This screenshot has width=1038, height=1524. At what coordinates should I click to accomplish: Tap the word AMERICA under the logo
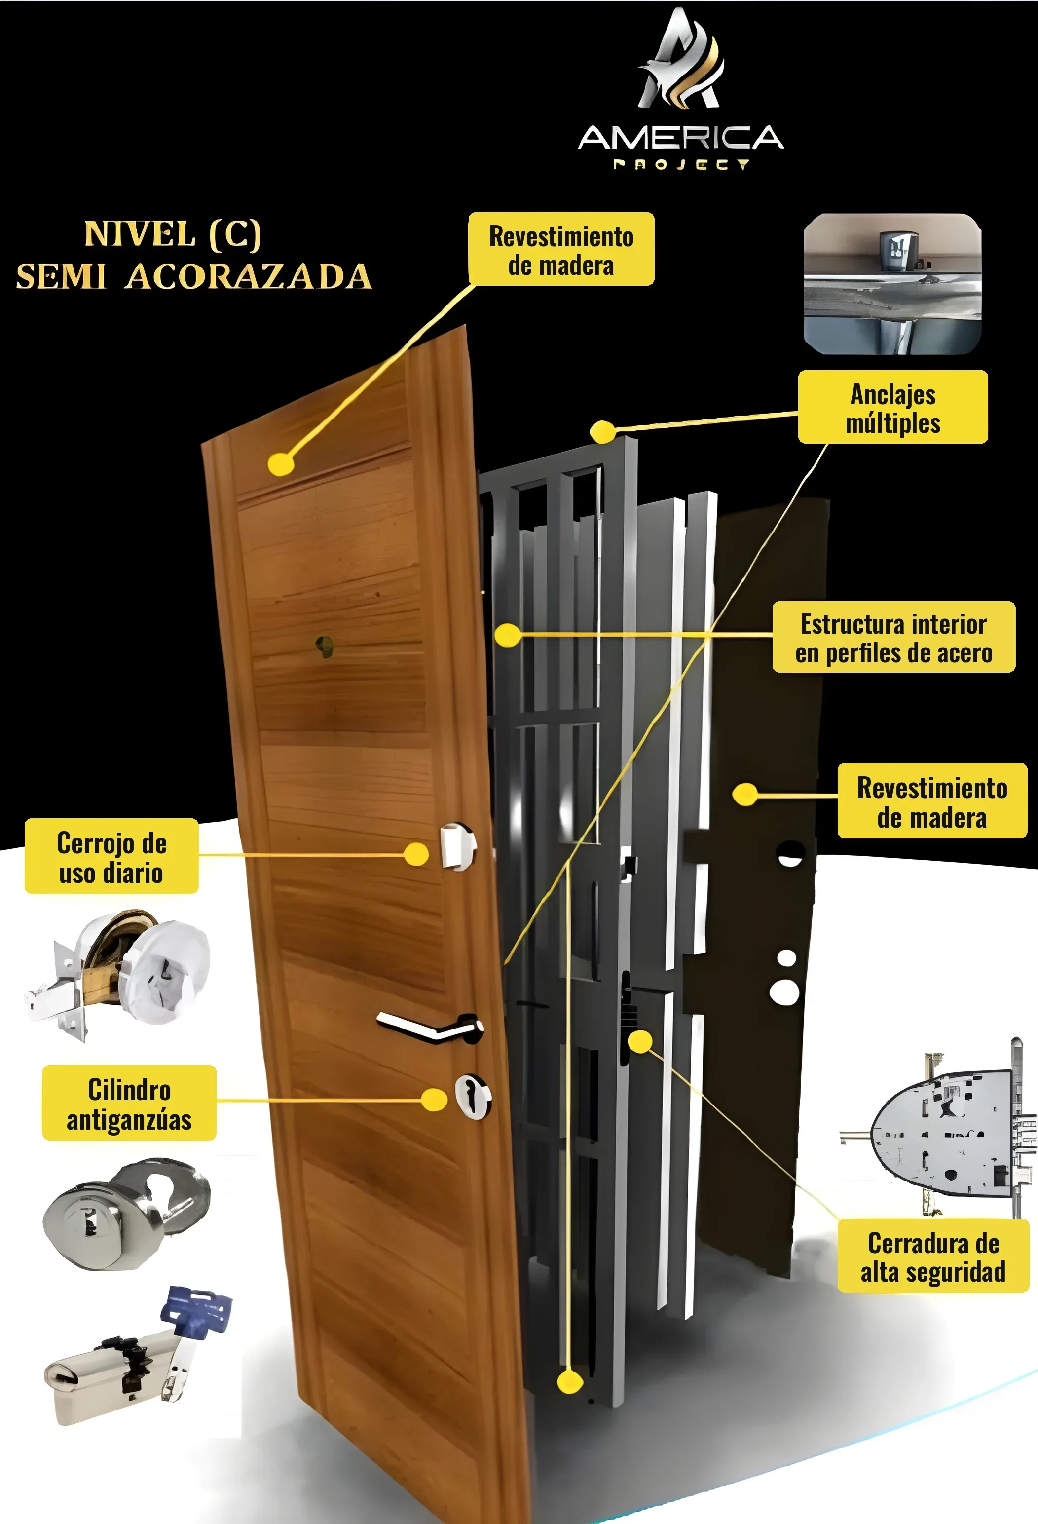(x=681, y=137)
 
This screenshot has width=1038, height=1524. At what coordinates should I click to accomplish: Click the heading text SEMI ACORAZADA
(x=194, y=276)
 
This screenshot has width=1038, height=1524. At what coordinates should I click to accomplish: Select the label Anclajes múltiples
(x=892, y=407)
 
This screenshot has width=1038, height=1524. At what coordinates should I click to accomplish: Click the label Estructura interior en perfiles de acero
(x=894, y=637)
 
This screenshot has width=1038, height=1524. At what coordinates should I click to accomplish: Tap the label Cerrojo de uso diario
(x=111, y=856)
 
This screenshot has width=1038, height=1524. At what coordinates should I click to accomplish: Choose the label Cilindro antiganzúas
(x=129, y=1103)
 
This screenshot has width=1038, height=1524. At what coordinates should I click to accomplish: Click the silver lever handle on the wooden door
(x=430, y=1026)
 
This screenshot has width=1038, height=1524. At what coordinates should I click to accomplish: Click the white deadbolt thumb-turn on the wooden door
(x=458, y=846)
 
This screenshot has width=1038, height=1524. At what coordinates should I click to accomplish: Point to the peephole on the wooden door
(x=324, y=646)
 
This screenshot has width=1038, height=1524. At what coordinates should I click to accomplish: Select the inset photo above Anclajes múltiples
(x=892, y=284)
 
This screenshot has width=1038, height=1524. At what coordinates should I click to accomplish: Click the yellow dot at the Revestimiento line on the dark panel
(x=745, y=794)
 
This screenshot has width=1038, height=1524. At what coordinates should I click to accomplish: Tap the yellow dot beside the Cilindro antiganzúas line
(x=434, y=1100)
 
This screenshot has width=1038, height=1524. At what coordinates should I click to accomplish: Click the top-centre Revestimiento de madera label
(x=561, y=249)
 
